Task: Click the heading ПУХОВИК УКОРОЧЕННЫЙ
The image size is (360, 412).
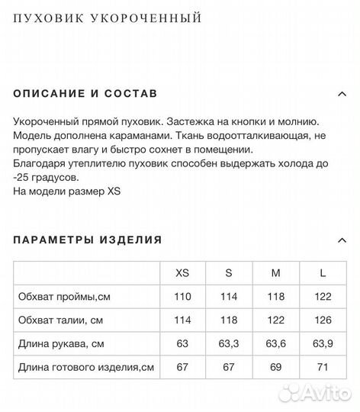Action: point(107,16)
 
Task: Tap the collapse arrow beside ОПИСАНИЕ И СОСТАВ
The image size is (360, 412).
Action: point(342,94)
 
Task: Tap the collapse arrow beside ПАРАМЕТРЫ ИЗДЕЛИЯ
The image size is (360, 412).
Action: point(342,240)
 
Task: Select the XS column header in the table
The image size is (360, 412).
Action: point(182,272)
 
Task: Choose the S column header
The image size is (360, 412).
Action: point(228,272)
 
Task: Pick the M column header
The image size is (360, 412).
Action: point(275,272)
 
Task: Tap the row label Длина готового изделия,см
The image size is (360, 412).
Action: point(85,369)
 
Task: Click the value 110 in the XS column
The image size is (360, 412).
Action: point(182,296)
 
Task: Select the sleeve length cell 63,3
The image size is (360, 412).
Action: point(228,344)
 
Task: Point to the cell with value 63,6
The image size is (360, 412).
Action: point(275,344)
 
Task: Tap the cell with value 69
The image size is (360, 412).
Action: point(275,369)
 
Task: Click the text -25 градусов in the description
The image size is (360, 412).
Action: point(46,177)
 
